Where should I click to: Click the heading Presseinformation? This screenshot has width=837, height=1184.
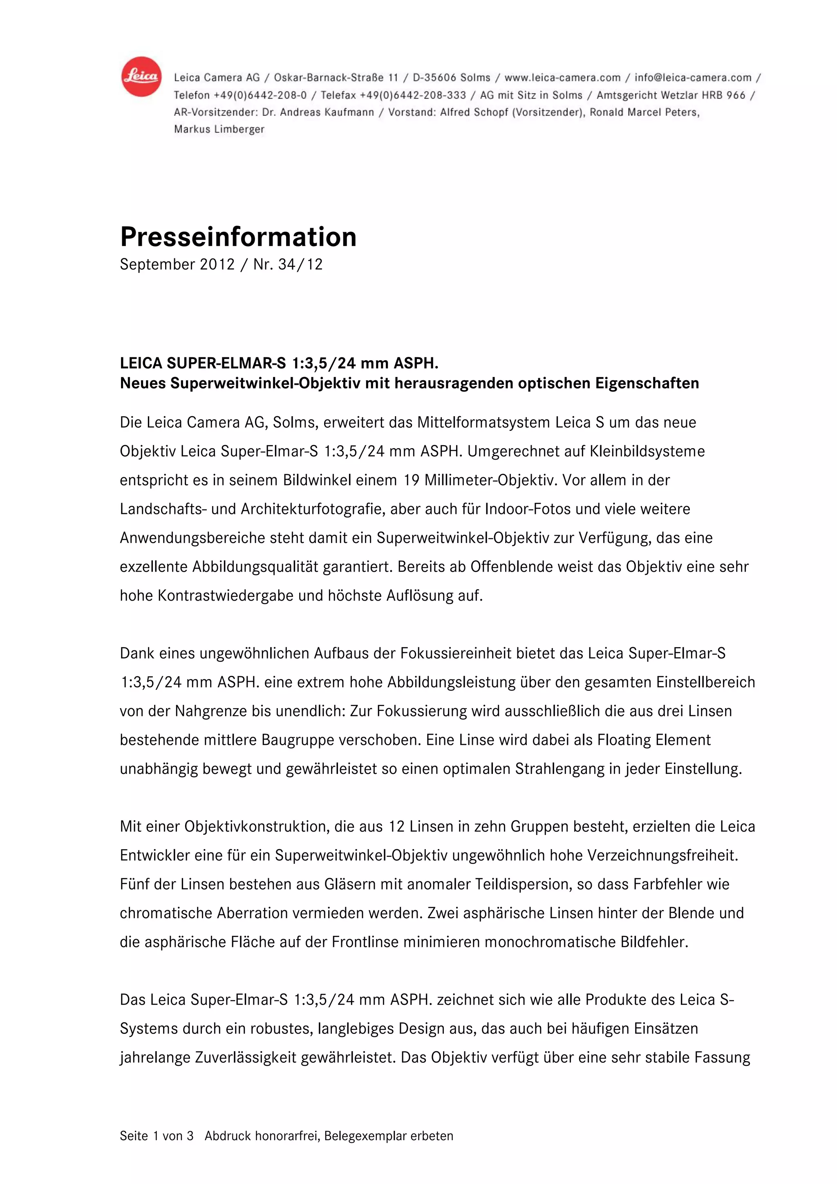coord(238,237)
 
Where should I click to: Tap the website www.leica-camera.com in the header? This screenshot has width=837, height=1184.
coord(562,78)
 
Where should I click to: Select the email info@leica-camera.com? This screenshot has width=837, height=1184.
coord(693,78)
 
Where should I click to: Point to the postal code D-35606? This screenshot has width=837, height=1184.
coord(434,78)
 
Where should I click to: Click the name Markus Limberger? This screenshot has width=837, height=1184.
coord(219,130)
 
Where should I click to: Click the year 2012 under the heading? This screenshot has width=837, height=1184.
coord(217,265)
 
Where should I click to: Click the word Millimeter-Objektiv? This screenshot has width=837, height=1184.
coord(491,481)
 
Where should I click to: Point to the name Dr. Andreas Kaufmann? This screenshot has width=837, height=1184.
coord(318,112)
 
